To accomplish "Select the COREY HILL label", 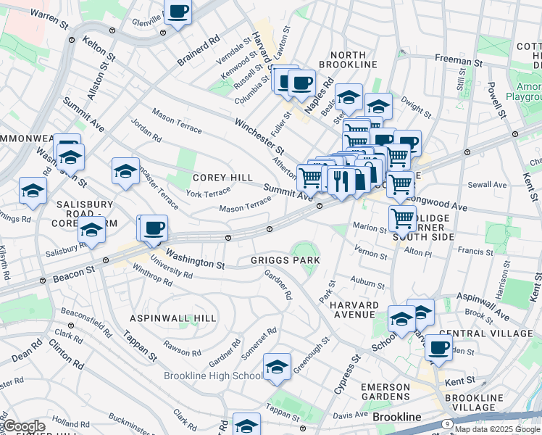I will coord(222,178).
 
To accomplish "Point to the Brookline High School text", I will coord(213,376).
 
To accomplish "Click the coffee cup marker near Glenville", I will coord(178,12).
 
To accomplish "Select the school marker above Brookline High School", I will coord(277,368).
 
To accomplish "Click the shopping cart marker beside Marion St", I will coord(402,218).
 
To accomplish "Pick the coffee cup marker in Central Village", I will coord(438,347).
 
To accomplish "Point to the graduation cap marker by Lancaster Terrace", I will coord(125,172).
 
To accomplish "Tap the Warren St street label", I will coord(49,20).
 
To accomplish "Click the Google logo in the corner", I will coord(23,426).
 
